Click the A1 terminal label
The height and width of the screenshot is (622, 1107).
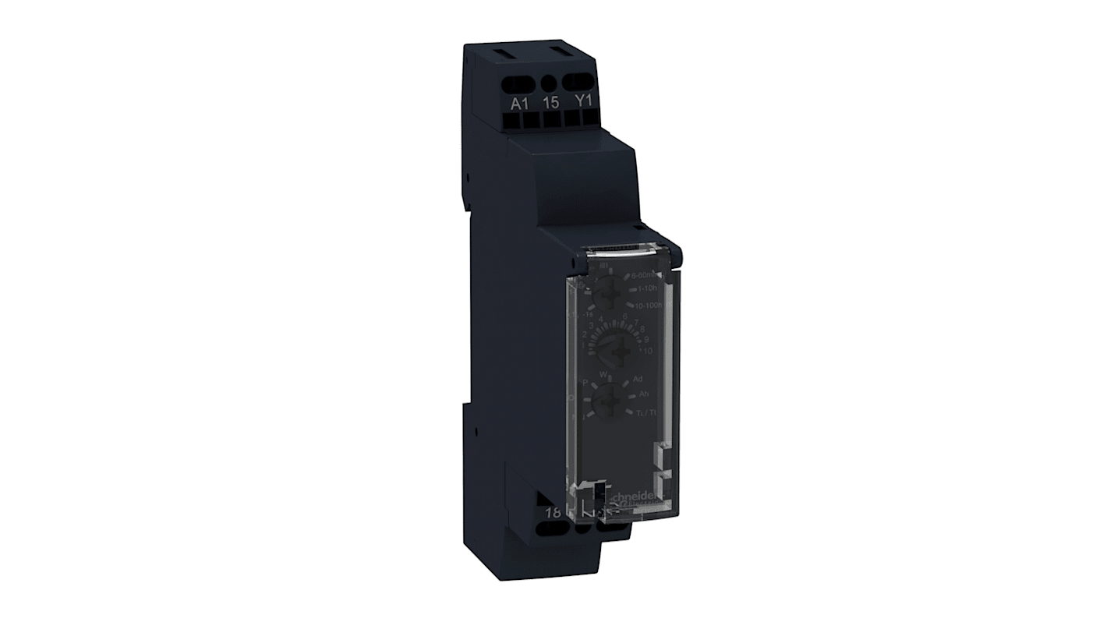(x=518, y=103)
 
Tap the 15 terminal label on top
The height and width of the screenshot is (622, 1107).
(x=550, y=103)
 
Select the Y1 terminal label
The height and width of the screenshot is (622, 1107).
(x=583, y=102)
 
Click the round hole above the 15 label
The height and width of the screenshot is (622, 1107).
(x=550, y=82)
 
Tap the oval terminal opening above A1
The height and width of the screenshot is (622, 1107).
(x=519, y=81)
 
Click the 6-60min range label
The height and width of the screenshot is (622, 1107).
(x=646, y=277)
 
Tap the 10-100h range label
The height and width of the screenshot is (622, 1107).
(x=648, y=306)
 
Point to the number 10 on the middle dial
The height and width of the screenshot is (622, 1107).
(x=646, y=351)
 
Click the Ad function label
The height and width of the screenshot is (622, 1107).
(x=638, y=379)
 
